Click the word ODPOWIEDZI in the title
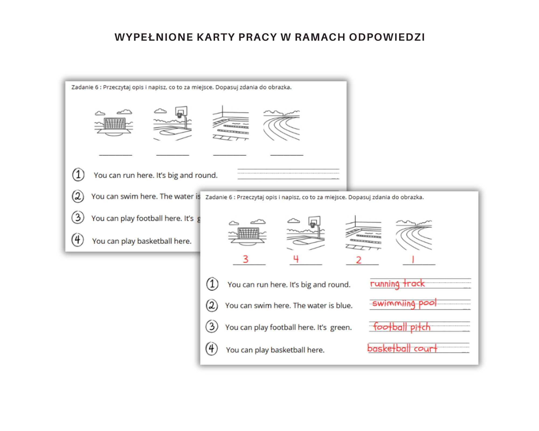click(387, 37)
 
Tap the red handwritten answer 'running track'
click(397, 284)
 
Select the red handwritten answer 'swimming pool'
click(404, 304)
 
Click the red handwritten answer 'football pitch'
click(402, 327)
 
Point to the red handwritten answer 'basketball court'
click(402, 348)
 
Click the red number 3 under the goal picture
click(246, 259)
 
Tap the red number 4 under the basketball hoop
click(296, 259)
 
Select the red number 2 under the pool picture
click(358, 260)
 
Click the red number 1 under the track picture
click(413, 260)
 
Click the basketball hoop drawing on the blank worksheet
click(173, 123)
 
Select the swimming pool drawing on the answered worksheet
click(363, 233)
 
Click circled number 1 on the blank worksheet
click(78, 175)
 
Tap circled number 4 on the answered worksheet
click(212, 349)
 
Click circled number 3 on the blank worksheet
click(78, 217)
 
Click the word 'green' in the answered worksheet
click(341, 328)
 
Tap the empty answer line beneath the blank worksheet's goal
click(116, 155)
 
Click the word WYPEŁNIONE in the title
click(154, 37)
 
